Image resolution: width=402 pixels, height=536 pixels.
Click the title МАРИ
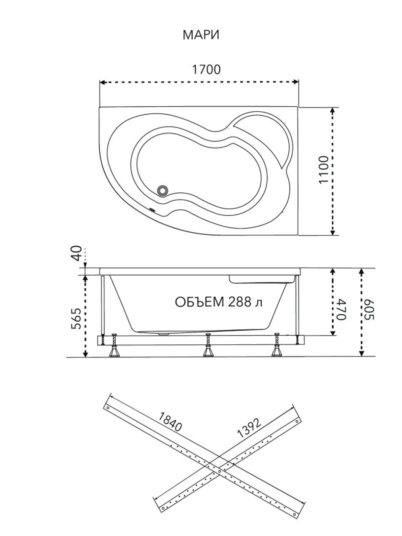201,35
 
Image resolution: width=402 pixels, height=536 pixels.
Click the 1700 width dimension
206,70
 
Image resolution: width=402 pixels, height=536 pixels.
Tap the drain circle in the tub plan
163,190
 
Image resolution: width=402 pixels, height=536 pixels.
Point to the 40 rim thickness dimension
78,254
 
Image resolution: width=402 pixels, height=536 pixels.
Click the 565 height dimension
76,319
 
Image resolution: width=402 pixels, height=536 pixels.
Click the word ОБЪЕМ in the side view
199,302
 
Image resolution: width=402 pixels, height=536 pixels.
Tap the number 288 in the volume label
240,302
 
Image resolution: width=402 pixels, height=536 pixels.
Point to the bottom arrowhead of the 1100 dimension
332,232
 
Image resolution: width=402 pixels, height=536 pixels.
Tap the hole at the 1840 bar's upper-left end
108,407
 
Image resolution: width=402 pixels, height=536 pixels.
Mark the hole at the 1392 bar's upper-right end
297,421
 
